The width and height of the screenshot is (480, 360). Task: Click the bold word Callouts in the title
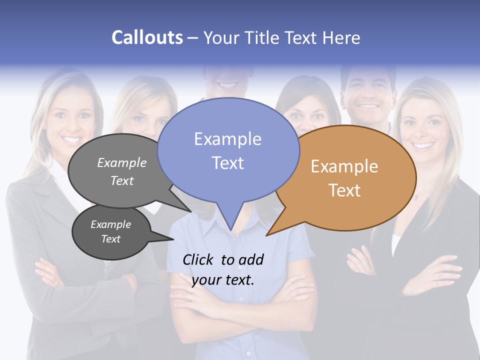[147, 37]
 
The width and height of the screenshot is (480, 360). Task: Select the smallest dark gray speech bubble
[111, 232]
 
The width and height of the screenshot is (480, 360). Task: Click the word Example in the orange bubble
[344, 166]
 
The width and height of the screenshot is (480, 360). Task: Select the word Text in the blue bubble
[228, 163]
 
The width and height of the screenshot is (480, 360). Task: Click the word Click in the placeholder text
[198, 259]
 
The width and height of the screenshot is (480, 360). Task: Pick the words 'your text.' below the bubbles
[223, 280]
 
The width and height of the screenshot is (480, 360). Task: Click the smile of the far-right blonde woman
[423, 146]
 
